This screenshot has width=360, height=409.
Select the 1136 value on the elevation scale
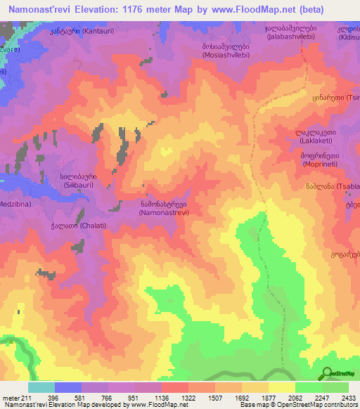click(148, 397)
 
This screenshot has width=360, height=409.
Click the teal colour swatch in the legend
click(41, 387)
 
